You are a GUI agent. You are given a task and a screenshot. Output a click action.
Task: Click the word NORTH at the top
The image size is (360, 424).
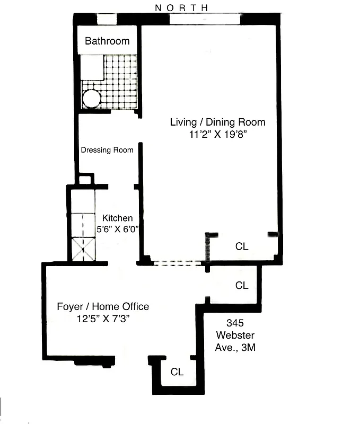pos(181,7)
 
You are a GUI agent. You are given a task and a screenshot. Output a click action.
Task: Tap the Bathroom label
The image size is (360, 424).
pos(107,41)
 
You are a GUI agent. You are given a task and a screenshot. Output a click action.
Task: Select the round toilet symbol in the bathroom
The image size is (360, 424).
pos(91,99)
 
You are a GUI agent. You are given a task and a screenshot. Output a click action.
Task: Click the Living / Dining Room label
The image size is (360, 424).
pos(217,122)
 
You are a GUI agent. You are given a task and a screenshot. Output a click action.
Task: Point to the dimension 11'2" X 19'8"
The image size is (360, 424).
pos(217,135)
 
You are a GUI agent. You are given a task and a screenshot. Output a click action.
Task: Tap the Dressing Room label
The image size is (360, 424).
pos(107,150)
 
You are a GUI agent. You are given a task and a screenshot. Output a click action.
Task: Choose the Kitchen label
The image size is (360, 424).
pos(117,218)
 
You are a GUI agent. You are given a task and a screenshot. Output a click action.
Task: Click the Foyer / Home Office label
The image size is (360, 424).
pos(103,306)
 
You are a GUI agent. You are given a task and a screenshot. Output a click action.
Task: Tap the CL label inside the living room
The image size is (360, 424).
pos(242,246)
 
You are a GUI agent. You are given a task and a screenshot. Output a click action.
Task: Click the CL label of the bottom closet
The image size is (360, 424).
pos(177,372)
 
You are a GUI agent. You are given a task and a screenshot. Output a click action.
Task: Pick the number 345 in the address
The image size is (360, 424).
pos(235,322)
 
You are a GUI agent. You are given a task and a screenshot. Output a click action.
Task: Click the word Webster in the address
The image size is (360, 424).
pos(235,335)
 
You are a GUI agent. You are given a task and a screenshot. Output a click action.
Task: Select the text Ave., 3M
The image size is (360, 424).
pos(235,348)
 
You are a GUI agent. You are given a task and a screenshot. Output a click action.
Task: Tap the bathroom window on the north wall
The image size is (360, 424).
pos(107,20)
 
